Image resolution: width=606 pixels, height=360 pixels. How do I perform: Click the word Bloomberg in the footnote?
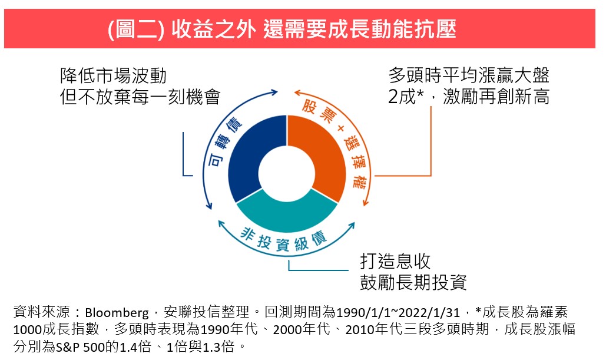click(x=117, y=312)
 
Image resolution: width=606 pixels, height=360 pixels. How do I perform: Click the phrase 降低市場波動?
click(x=113, y=76)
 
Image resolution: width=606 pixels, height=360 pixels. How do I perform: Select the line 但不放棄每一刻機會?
click(x=140, y=97)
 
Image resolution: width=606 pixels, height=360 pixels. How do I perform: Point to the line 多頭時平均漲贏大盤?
click(x=469, y=75)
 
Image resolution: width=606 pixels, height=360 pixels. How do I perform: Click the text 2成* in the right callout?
click(x=406, y=96)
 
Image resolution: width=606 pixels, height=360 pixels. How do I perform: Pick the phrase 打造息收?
click(x=395, y=262)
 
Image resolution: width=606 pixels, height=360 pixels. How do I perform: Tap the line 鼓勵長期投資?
click(x=413, y=282)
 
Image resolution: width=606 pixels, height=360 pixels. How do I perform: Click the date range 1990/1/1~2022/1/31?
click(x=398, y=312)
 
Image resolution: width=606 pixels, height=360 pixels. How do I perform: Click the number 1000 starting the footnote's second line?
click(x=28, y=329)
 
